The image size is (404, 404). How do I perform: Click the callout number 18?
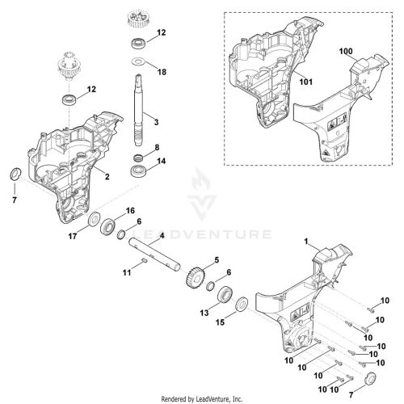(162, 72)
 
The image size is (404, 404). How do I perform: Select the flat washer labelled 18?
(139, 61)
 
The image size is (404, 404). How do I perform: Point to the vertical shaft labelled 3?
(138, 110)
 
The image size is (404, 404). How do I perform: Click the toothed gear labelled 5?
(196, 277)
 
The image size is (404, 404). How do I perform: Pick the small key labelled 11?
(144, 260)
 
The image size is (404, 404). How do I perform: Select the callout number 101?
(306, 82)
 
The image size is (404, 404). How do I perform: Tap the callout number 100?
(346, 51)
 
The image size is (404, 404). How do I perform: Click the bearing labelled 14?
(138, 171)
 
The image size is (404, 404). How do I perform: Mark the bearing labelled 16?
(108, 226)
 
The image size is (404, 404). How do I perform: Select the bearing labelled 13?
(225, 294)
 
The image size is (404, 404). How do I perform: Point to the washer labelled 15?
(242, 304)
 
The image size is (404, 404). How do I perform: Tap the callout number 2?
(107, 177)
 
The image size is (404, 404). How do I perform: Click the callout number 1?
(306, 242)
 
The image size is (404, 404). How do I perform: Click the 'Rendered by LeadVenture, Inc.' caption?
(202, 398)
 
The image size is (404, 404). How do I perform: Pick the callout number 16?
(130, 210)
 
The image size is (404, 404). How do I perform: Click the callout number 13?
(204, 313)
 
